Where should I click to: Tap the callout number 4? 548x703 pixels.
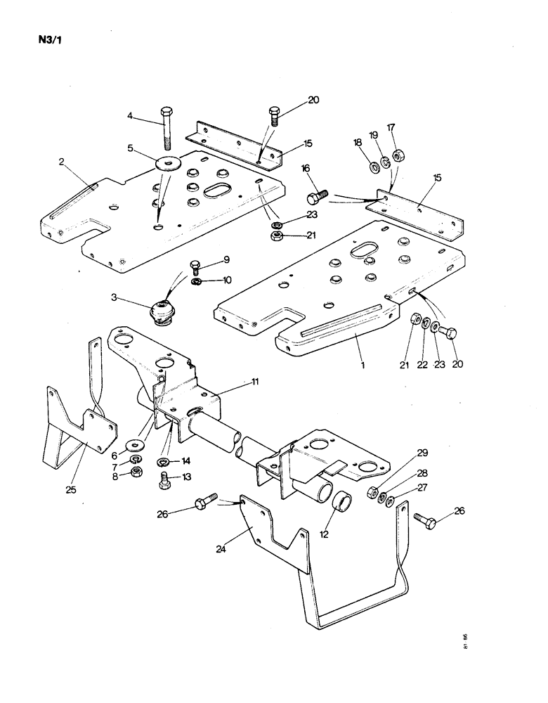(130, 115)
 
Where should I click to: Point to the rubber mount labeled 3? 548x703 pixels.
(163, 311)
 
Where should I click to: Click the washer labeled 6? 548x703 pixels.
(134, 446)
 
